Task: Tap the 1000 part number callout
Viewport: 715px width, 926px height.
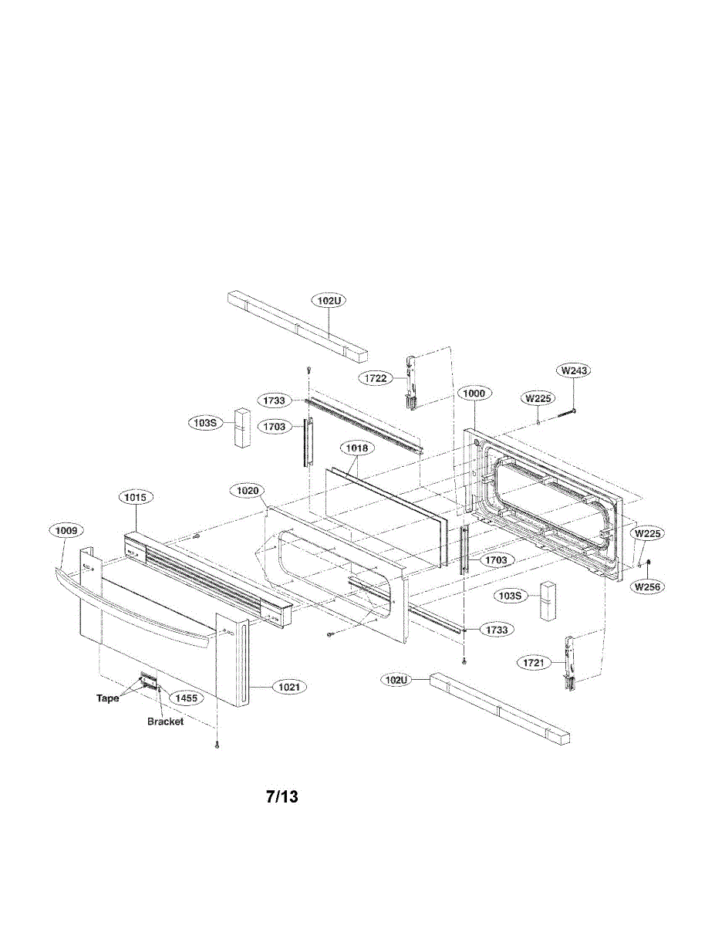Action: pyautogui.click(x=474, y=393)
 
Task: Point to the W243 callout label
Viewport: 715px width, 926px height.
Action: pyautogui.click(x=575, y=370)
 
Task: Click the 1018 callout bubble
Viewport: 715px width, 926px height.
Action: pyautogui.click(x=356, y=448)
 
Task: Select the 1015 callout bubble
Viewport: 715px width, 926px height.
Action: pyautogui.click(x=135, y=498)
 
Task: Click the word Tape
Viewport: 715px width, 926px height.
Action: pyautogui.click(x=107, y=698)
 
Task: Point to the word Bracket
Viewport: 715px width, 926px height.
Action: pyautogui.click(x=165, y=722)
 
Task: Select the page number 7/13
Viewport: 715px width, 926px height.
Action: pyautogui.click(x=282, y=797)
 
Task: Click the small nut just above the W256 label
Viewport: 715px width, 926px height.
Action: pyautogui.click(x=649, y=561)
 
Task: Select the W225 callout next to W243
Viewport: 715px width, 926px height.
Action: pyautogui.click(x=538, y=399)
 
